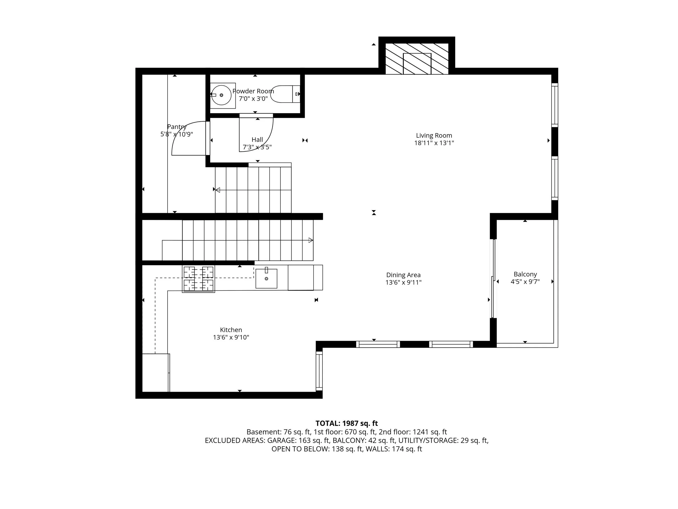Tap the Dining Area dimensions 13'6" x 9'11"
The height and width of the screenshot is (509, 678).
pyautogui.click(x=403, y=282)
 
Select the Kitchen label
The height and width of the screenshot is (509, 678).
pyautogui.click(x=231, y=330)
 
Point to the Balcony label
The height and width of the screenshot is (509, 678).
pyautogui.click(x=525, y=274)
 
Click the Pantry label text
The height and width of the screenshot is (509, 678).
pyautogui.click(x=177, y=127)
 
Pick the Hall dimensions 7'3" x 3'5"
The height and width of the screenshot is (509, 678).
pyautogui.click(x=257, y=147)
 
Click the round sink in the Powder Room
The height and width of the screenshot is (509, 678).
pyautogui.click(x=221, y=95)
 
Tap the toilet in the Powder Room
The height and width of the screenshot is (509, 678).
pyautogui.click(x=285, y=94)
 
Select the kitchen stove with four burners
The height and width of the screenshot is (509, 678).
pyautogui.click(x=198, y=279)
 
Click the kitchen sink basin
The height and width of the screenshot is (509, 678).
pyautogui.click(x=266, y=279)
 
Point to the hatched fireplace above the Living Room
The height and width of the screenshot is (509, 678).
pyautogui.click(x=417, y=59)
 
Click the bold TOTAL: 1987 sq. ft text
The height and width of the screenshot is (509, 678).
pyautogui.click(x=347, y=423)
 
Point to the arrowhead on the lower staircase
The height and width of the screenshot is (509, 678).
pyautogui.click(x=311, y=240)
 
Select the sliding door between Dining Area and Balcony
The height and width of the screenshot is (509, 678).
pyautogui.click(x=493, y=278)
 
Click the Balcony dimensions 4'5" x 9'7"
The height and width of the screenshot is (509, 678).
pyautogui.click(x=525, y=282)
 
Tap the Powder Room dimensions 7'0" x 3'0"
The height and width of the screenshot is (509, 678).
pyautogui.click(x=253, y=99)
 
